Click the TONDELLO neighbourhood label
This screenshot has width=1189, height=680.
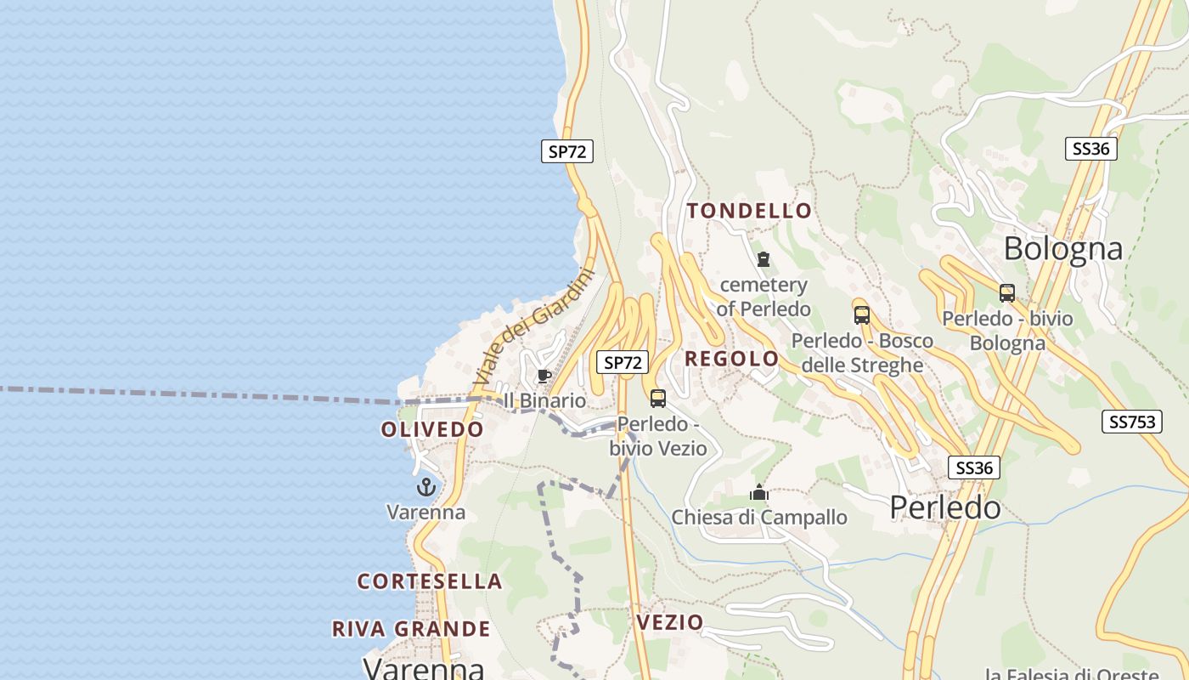point(749,211)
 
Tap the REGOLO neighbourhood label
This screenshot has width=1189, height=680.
point(731,359)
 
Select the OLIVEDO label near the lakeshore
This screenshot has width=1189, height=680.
point(432,429)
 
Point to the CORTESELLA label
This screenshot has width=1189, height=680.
point(430,581)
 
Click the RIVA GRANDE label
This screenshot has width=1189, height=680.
point(411,629)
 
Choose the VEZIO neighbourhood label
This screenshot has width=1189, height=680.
point(670,622)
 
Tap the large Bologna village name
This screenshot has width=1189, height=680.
point(1063,249)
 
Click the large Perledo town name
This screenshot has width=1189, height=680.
point(945,507)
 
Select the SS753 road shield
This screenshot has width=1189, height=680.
point(1132,422)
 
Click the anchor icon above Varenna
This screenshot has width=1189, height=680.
point(426,487)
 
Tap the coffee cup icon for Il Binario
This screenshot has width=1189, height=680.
point(544,376)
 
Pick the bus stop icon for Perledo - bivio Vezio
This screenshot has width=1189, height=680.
point(658,398)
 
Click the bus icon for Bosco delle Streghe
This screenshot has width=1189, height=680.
point(862,315)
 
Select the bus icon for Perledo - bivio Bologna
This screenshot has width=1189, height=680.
point(1007,293)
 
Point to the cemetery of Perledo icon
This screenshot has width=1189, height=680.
point(764,259)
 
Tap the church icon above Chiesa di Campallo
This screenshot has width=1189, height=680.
point(759,492)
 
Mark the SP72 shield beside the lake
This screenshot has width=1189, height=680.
point(567,152)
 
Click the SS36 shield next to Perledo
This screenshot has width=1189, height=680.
point(974,467)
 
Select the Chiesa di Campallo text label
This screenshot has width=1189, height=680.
point(759,517)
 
